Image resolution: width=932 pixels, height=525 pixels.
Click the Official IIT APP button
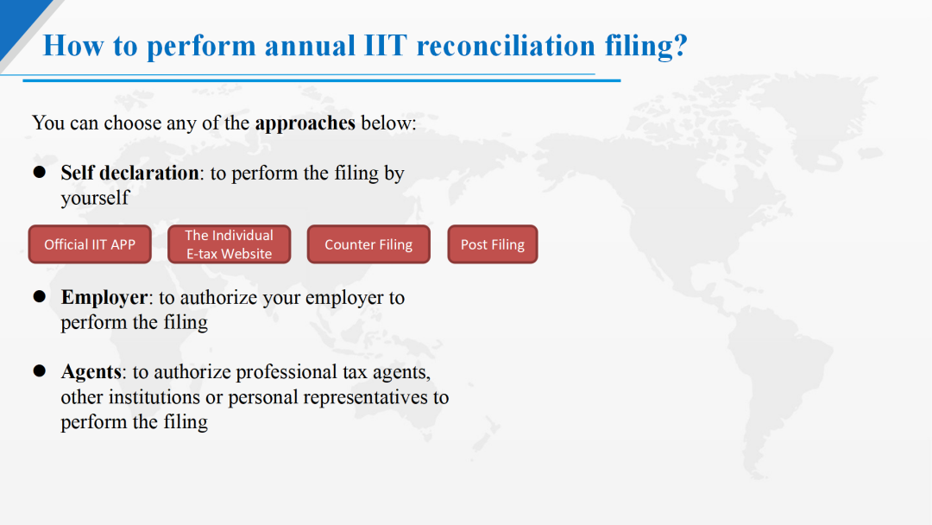click(90, 244)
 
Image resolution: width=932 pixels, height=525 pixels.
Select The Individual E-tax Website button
click(230, 244)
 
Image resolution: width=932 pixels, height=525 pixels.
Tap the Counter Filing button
click(368, 244)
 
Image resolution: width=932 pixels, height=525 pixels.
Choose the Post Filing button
click(493, 244)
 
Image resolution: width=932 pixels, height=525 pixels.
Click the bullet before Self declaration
click(39, 173)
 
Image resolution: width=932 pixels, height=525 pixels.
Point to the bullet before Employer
click(39, 297)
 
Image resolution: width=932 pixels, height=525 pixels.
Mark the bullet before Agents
click(39, 371)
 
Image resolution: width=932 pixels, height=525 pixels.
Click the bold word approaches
click(305, 123)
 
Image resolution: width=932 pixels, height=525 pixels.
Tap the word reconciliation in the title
click(506, 45)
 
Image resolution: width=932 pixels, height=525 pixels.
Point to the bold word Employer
click(104, 297)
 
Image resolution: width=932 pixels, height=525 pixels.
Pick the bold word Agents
click(91, 372)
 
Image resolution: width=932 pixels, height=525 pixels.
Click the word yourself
click(95, 198)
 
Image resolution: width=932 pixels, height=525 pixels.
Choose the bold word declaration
click(149, 173)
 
